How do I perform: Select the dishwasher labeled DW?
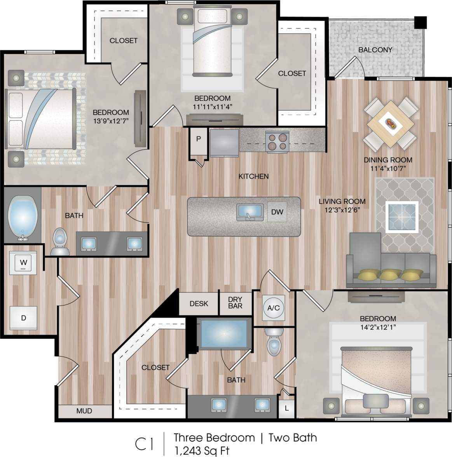[x=277, y=212]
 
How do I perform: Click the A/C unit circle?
[x=273, y=308]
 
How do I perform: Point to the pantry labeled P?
[x=199, y=139]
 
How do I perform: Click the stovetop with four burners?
[x=277, y=141]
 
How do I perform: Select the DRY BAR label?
[x=235, y=303]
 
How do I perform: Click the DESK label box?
[x=199, y=304]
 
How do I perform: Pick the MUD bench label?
[x=84, y=411]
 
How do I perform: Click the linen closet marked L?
[x=287, y=408]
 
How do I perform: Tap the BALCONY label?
[x=375, y=50]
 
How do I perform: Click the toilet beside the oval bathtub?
[x=60, y=241]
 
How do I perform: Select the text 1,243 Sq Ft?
[x=201, y=450]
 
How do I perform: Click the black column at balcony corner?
[x=420, y=22]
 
